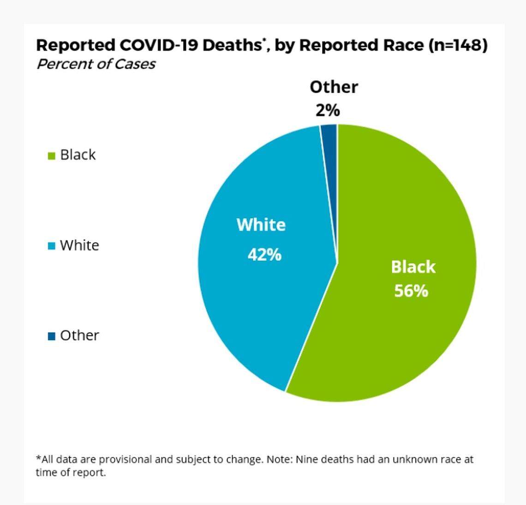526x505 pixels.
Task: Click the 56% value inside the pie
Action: [411, 291]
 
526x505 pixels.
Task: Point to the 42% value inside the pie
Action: [264, 255]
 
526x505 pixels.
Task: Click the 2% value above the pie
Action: [328, 111]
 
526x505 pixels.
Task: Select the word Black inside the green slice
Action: [413, 267]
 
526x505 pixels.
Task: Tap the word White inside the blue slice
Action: [261, 225]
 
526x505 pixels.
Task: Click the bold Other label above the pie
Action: [334, 87]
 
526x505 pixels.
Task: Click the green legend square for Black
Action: [52, 156]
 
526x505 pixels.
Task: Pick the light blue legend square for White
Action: [52, 246]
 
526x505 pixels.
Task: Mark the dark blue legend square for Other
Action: [52, 336]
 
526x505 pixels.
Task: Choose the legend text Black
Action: [78, 155]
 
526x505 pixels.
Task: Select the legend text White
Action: [79, 245]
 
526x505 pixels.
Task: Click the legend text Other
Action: [79, 335]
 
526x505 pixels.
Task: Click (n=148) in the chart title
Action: [458, 45]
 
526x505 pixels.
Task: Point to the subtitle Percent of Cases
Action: [96, 64]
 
